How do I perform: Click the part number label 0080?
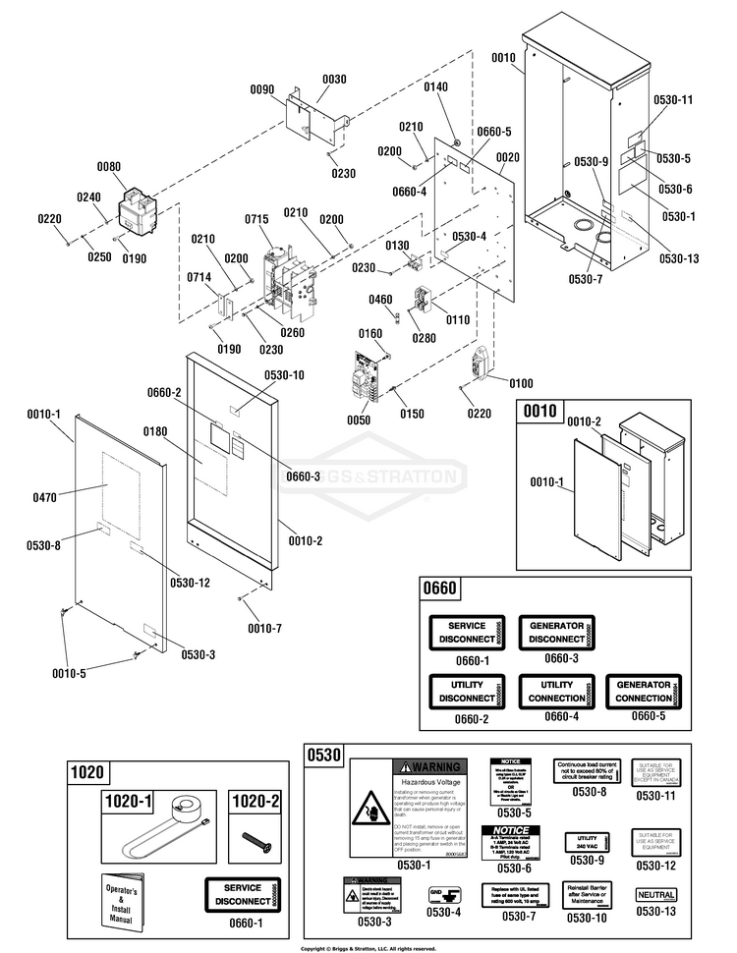(x=109, y=167)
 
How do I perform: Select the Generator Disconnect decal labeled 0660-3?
(x=557, y=633)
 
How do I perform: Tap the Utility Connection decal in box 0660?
(x=557, y=691)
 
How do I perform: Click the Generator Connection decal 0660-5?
(x=644, y=691)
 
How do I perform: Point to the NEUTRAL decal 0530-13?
(x=655, y=895)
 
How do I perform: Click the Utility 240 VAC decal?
(x=588, y=842)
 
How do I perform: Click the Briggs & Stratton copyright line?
(x=368, y=948)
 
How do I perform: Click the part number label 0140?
(x=435, y=87)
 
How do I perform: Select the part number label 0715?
(x=256, y=218)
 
